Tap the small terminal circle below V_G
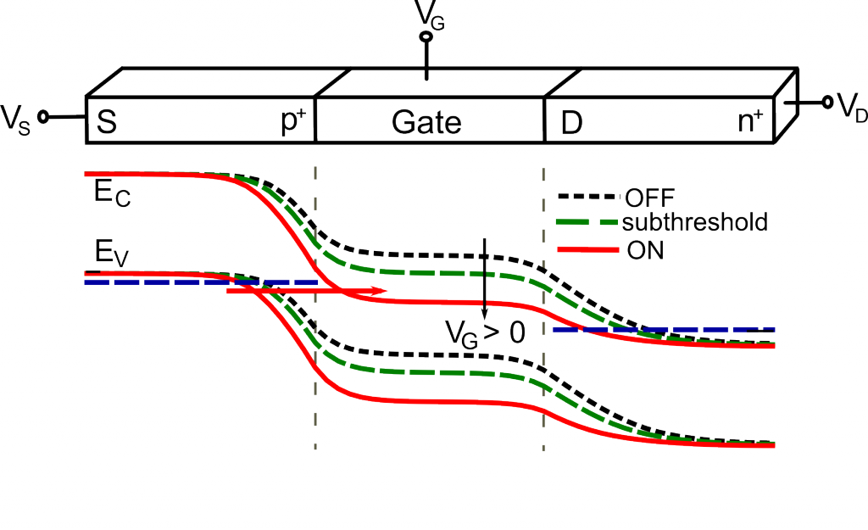point(426,37)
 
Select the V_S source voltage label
point(15,119)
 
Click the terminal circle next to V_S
point(43,117)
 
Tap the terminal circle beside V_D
point(827,102)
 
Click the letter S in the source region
point(107,122)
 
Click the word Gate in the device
point(426,122)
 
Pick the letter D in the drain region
point(572,124)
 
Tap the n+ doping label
point(751,120)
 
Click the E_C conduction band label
point(113,193)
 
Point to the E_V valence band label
point(112,254)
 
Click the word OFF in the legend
point(650,198)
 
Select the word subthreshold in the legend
point(695,222)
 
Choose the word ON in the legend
point(645,250)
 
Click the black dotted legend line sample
point(587,196)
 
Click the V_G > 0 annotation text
point(485,333)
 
